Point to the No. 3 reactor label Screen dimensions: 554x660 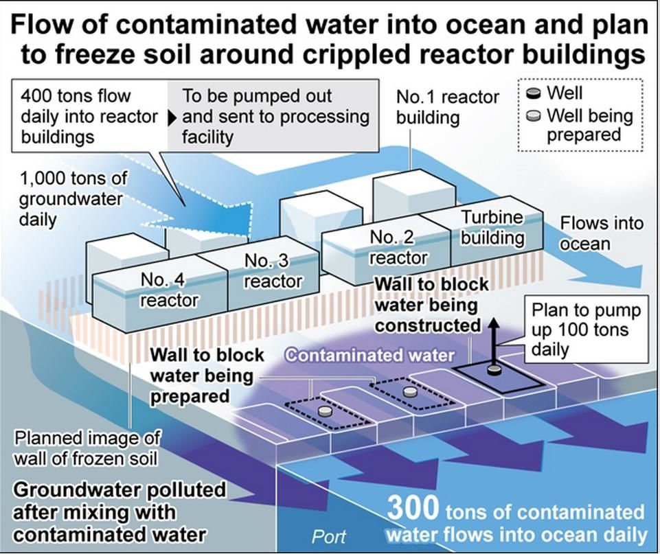pyautogui.click(x=273, y=270)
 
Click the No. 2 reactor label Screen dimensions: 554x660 pyautogui.click(x=398, y=247)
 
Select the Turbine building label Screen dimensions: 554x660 pyautogui.click(x=492, y=228)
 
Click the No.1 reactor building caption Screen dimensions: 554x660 pyautogui.click(x=447, y=106)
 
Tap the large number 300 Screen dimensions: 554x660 pyautogui.click(x=413, y=509)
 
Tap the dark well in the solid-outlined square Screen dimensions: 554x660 pyautogui.click(x=493, y=371)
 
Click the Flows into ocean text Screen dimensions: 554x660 pyautogui.click(x=592, y=233)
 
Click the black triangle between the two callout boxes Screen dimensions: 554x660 pyautogui.click(x=172, y=117)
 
